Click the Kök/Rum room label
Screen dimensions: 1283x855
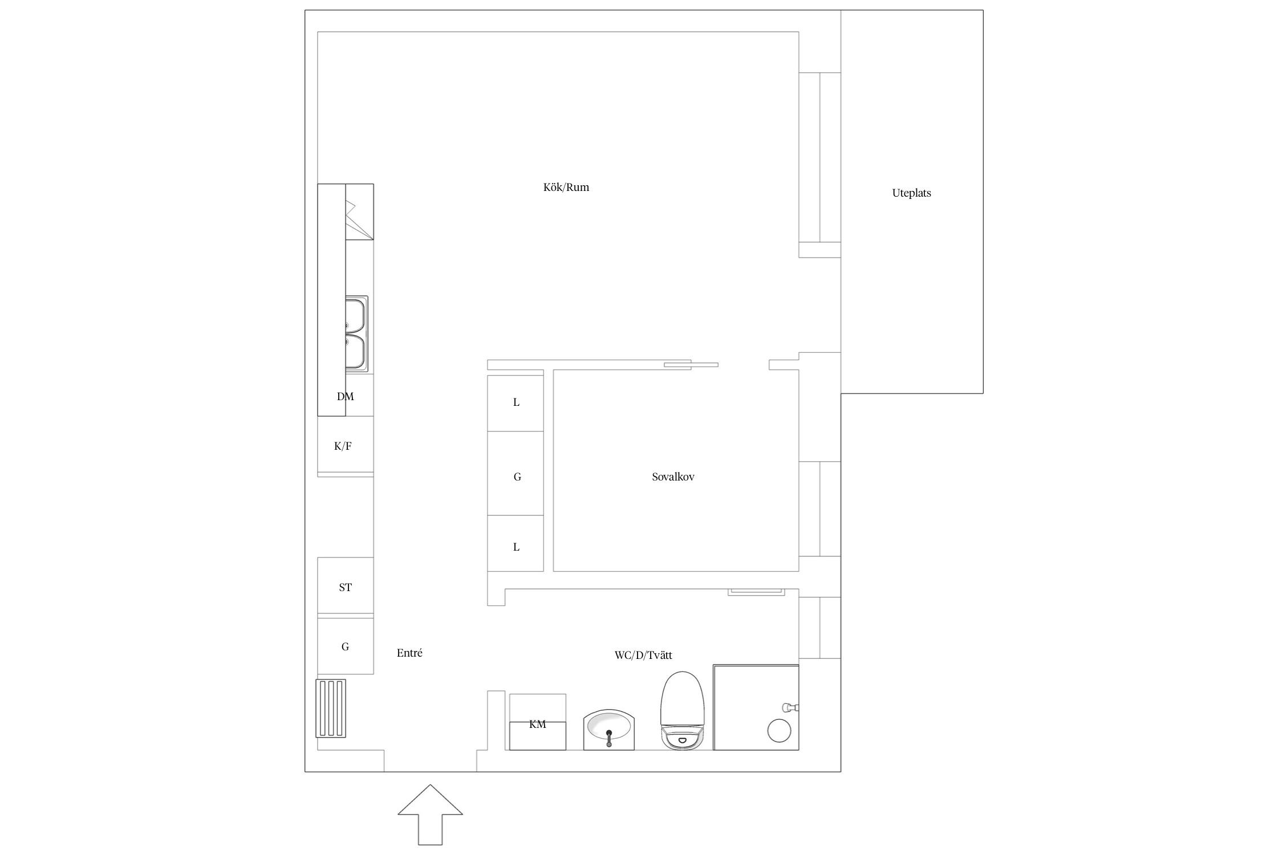tap(566, 187)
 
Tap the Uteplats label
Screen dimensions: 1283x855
tap(911, 193)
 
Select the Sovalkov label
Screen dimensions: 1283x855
tap(673, 477)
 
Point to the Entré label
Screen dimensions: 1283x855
tap(409, 653)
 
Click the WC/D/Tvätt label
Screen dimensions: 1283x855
tap(643, 655)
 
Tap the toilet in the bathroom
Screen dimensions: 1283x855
tap(683, 710)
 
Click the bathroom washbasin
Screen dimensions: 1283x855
tap(609, 730)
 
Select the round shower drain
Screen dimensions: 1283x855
tap(779, 730)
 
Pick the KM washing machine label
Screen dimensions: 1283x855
tap(538, 724)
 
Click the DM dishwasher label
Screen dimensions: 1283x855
tap(346, 397)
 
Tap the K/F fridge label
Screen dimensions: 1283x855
tap(343, 446)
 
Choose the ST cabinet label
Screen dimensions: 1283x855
tap(346, 588)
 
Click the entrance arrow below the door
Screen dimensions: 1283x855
tap(430, 815)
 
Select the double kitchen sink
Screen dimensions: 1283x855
tap(356, 333)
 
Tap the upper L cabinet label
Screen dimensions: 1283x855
tap(517, 402)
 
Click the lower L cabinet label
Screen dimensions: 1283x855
tap(517, 547)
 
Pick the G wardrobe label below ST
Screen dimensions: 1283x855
tap(345, 646)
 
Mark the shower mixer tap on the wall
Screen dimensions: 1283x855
tap(790, 707)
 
